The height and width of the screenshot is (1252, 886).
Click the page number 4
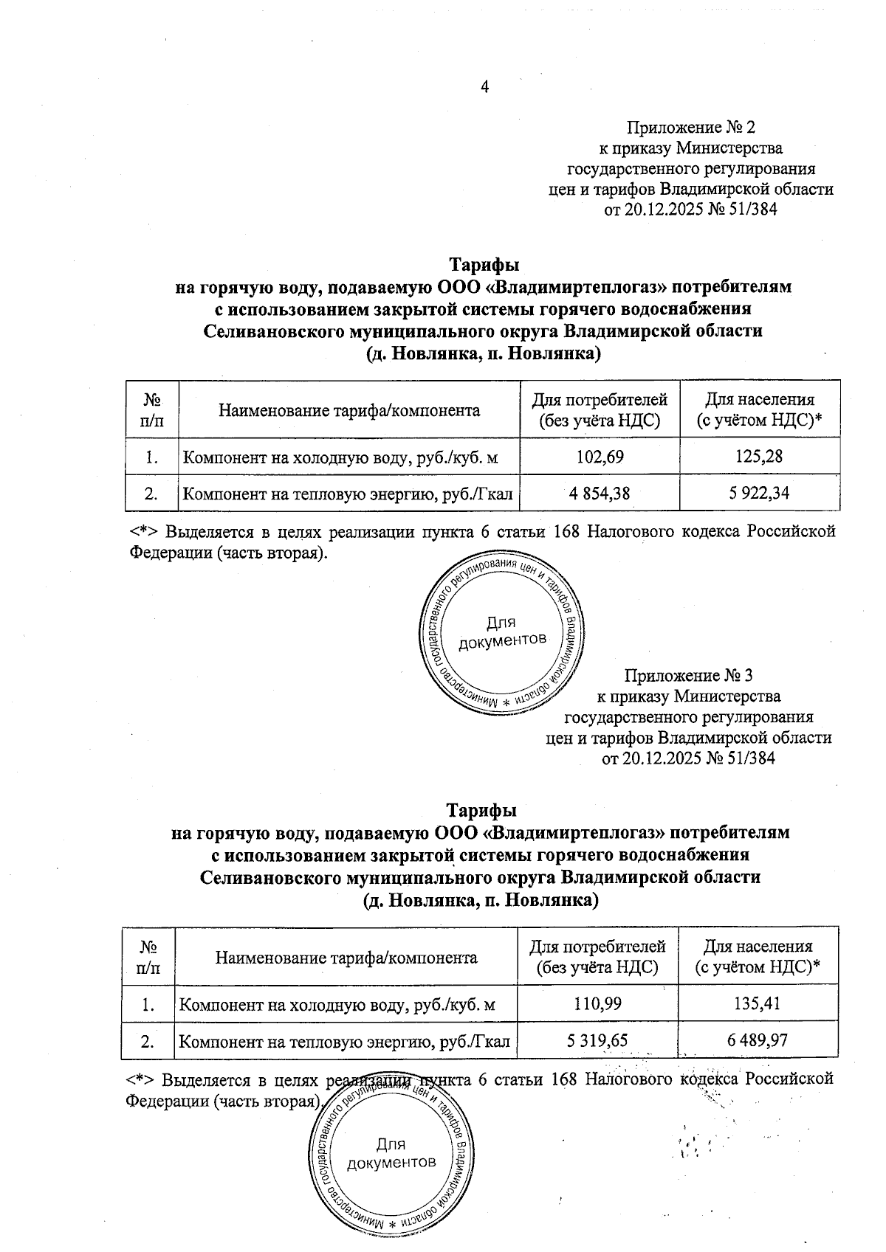pos(485,87)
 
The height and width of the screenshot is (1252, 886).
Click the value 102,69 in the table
pos(600,457)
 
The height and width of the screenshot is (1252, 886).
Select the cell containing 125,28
pos(759,457)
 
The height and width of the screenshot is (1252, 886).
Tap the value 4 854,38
pos(600,493)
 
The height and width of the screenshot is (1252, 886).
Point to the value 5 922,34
pos(759,493)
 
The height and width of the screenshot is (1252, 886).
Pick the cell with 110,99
pos(597,1003)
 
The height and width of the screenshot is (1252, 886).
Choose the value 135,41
pos(757,1003)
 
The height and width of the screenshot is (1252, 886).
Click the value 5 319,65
pos(597,1040)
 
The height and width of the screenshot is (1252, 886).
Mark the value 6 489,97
pos(757,1040)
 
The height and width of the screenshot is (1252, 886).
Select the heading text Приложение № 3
pos(689,675)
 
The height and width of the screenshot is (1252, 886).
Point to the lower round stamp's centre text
pos(391,1154)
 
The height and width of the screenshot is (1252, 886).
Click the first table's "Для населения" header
pos(760,409)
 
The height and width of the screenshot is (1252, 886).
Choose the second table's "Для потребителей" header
pos(597,956)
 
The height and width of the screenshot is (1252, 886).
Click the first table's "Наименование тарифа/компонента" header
pos(349,410)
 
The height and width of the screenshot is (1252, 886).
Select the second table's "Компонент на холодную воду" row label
pos(337,1004)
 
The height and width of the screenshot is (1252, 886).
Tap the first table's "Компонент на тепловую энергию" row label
pos(347,494)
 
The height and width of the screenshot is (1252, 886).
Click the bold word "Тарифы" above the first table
pos(484,263)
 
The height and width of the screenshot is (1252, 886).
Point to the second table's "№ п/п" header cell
pos(148,956)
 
